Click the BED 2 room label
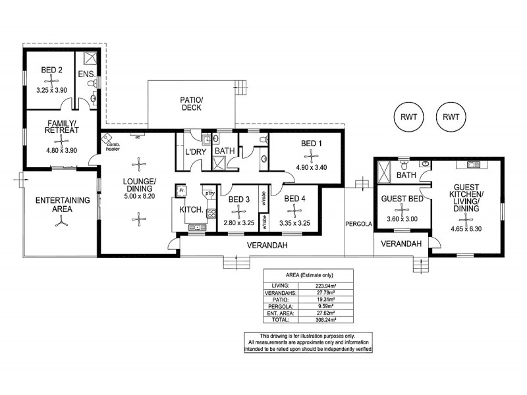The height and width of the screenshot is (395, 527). tap(51, 69)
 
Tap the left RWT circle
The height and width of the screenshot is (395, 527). tap(408, 117)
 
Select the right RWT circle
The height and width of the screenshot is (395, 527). tap(451, 117)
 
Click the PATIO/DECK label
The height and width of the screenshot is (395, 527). tap(192, 104)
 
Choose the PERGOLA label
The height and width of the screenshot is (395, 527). tap(359, 223)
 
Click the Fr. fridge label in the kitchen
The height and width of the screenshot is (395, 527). tap(180, 190)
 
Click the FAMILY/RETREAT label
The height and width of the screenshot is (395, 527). tap(63, 126)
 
